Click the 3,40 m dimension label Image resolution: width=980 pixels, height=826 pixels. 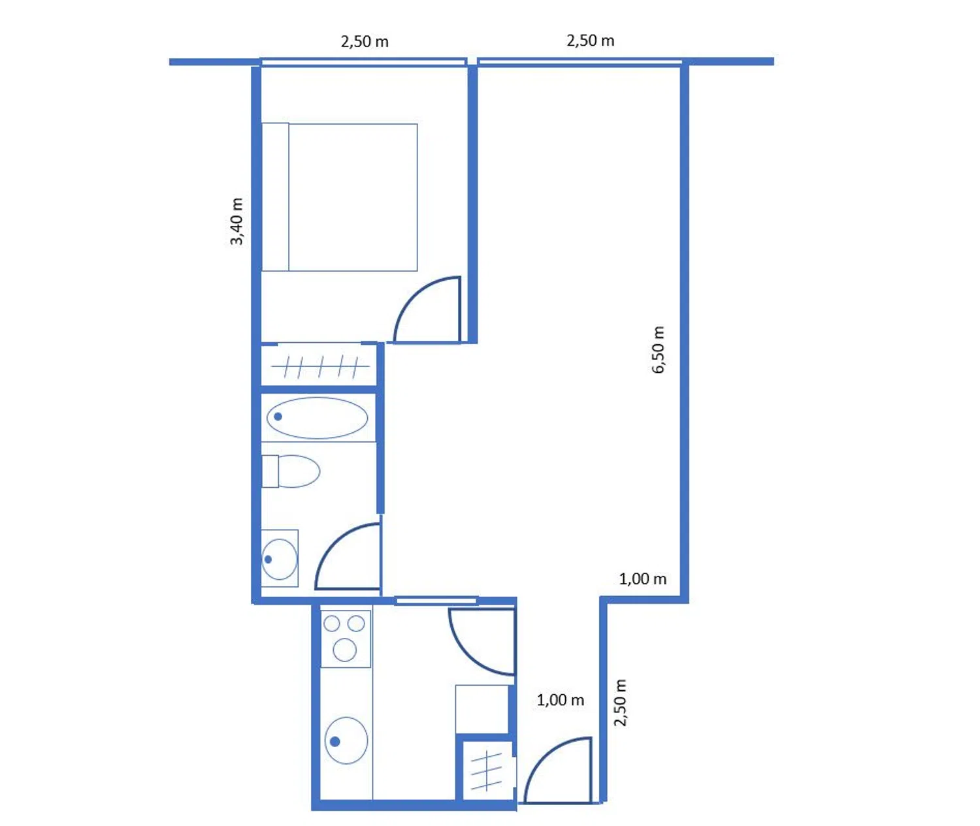point(237,221)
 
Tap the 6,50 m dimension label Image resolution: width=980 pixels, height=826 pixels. point(658,349)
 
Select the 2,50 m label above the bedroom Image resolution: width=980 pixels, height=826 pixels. point(365,42)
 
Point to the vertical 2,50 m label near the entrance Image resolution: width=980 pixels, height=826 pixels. point(620,703)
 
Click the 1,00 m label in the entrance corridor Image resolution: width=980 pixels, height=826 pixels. point(561,700)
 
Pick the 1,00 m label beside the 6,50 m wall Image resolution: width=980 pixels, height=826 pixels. point(642,579)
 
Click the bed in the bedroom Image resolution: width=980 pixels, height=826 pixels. point(339,197)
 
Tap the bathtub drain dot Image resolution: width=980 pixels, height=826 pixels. point(278,417)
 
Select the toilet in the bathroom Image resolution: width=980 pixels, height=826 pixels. point(291,471)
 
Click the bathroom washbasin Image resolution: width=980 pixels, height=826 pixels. point(279,559)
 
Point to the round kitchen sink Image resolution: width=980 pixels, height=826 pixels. point(346,741)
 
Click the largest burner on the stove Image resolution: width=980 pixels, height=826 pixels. point(344,650)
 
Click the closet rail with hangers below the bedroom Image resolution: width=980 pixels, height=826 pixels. point(321,366)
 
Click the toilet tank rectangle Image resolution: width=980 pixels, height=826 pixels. point(270,471)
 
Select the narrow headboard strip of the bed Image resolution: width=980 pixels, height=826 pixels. point(275,197)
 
